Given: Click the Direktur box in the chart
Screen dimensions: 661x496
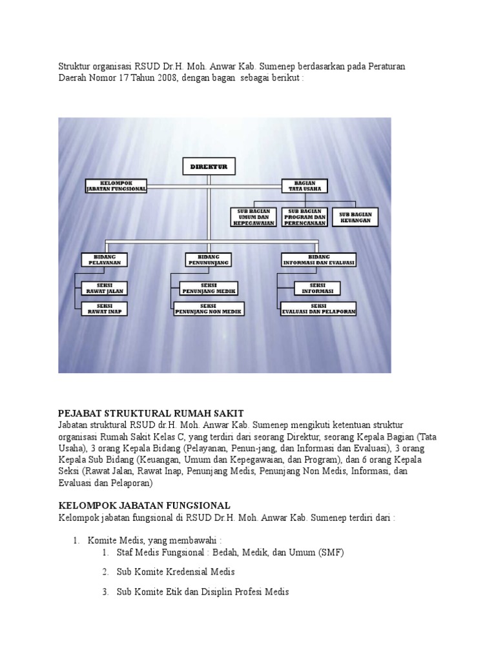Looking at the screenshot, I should [209, 167].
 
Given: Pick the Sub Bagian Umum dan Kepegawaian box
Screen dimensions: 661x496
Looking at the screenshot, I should [253, 216].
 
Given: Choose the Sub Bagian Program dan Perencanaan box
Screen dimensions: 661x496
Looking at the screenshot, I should [305, 216].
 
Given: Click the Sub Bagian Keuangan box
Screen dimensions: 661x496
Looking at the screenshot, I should [356, 216].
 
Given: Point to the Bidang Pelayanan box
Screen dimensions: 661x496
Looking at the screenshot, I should [104, 259].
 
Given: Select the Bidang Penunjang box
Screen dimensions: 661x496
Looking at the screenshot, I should [209, 259].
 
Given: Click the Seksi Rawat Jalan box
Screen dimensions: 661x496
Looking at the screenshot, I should [104, 287].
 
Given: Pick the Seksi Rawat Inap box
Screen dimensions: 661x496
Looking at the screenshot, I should [104, 308].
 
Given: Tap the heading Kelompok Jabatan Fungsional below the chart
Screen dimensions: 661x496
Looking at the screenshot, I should [144, 505].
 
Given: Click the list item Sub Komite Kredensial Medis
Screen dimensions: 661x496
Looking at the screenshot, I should [176, 572].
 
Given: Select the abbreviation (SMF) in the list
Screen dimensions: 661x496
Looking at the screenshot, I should [329, 553].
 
